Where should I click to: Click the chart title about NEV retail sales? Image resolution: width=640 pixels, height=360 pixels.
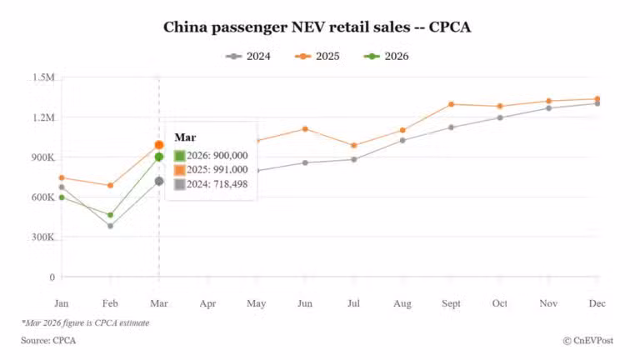[x=317, y=27]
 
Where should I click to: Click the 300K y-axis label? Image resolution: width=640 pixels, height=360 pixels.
[x=42, y=237]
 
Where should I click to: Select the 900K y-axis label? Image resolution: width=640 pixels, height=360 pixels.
[x=42, y=157]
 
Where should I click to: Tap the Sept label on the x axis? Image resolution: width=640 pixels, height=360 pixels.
[x=451, y=303]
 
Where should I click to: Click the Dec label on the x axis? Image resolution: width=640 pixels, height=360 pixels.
[x=597, y=303]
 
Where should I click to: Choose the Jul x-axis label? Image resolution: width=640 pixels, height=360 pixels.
[x=353, y=303]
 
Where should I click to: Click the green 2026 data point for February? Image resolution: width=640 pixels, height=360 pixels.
[x=110, y=215]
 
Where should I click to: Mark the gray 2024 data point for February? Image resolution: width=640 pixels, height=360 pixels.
[x=110, y=226]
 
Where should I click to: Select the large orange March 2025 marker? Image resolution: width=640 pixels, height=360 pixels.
[x=159, y=145]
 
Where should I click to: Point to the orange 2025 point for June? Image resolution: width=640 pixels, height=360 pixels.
[x=305, y=129]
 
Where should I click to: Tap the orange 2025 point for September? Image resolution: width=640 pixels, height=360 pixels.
[x=451, y=104]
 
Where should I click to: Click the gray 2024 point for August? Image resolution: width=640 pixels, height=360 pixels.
[x=402, y=140]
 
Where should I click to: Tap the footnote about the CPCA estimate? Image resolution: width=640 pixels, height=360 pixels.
[x=85, y=322]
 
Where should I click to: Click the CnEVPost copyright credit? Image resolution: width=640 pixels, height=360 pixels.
[x=593, y=341]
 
